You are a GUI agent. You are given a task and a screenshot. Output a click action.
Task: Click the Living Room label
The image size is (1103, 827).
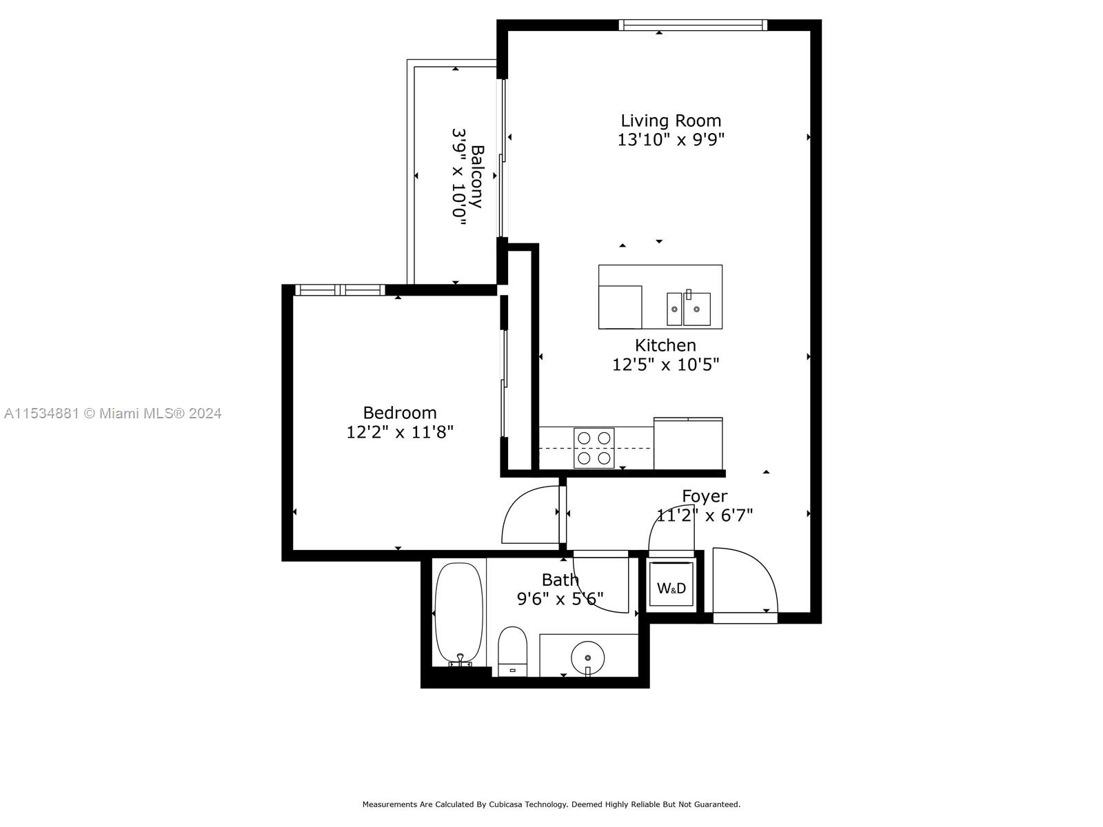point(670,121)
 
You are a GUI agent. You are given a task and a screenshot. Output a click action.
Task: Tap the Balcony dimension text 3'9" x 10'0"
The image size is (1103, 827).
point(459,173)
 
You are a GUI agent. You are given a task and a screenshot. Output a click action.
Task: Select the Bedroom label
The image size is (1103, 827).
point(400,412)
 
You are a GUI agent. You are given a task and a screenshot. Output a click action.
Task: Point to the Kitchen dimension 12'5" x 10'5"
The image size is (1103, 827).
point(665,365)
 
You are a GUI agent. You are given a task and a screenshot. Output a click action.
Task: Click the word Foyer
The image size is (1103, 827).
point(705,496)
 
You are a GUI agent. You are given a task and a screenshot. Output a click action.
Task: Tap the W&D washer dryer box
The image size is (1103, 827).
point(671,586)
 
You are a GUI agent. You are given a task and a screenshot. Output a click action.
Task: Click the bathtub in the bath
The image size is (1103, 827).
point(458,613)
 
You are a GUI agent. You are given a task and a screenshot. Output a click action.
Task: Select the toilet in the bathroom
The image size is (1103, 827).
point(512,651)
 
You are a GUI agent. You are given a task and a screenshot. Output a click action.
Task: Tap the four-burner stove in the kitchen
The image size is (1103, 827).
point(594,448)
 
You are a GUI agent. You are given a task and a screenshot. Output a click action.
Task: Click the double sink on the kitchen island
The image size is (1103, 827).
point(688,309)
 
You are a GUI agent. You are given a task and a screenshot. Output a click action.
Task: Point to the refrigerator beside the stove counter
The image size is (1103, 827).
point(687,443)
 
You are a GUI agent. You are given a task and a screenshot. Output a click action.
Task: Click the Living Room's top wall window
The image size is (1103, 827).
point(693,25)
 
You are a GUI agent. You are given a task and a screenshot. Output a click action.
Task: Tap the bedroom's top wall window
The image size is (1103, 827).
point(340,290)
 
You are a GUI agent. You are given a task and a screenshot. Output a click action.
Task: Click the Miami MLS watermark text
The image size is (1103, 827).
point(112,413)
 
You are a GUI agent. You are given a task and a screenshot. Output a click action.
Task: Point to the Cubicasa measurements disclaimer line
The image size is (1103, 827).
point(551,804)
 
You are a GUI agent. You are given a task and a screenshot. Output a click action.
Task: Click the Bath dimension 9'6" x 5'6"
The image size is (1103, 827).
point(560,599)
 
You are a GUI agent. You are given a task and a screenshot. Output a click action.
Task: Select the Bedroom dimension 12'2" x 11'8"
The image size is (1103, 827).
point(400,432)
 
